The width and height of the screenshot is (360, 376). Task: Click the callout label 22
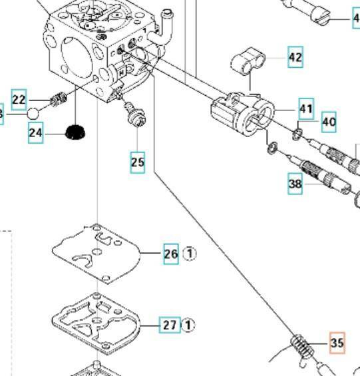tap(19, 100)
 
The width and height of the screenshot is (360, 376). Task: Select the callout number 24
tap(36, 134)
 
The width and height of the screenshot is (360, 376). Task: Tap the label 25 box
tap(137, 162)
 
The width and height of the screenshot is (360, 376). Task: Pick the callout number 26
tap(171, 254)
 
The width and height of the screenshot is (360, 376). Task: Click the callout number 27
tap(170, 325)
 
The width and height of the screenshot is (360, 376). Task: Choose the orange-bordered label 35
tap(337, 343)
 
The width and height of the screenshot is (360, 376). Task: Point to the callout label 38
tap(295, 184)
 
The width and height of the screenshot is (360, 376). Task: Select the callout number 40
tap(329, 122)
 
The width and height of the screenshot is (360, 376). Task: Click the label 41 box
tap(305, 108)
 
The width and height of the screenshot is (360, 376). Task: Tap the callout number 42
tap(295, 58)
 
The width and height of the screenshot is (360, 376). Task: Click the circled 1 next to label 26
tap(190, 254)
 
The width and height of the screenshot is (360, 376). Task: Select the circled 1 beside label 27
tap(189, 325)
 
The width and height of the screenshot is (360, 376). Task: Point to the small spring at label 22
tap(58, 101)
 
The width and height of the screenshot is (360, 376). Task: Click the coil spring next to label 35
tap(301, 347)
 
